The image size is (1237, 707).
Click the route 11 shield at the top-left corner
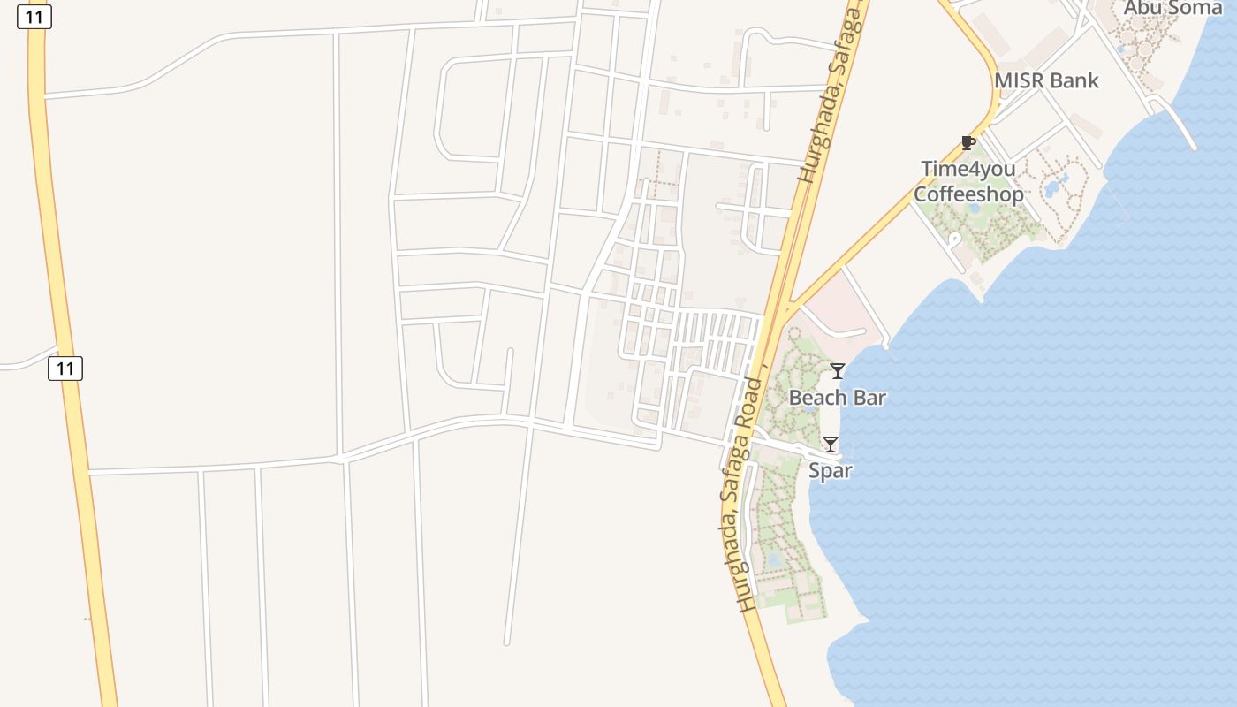pyautogui.click(x=34, y=17)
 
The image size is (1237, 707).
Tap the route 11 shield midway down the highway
pyautogui.click(x=65, y=368)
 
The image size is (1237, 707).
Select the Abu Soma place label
pyautogui.click(x=1172, y=8)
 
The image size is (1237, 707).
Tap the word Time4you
pyautogui.click(x=968, y=169)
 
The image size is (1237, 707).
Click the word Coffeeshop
pyautogui.click(x=968, y=194)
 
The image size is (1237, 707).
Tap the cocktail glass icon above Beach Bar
pyautogui.click(x=838, y=371)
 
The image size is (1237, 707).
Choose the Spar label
pyautogui.click(x=831, y=471)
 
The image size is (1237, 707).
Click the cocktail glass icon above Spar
pyautogui.click(x=831, y=445)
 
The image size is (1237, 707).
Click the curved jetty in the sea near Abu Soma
pyautogui.click(x=1180, y=124)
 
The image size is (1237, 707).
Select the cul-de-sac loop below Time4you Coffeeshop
pyautogui.click(x=953, y=239)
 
